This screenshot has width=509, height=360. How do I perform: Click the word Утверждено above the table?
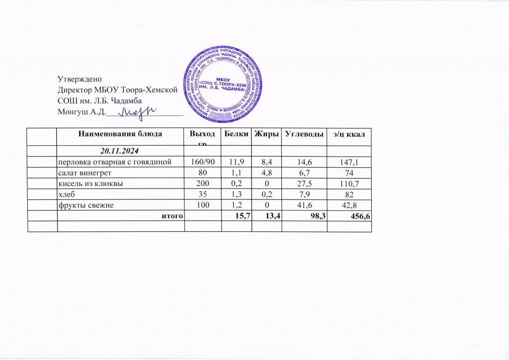pos(80,79)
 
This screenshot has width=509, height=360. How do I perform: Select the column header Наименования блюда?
pos(120,134)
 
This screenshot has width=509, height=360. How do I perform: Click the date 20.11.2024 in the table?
pos(120,150)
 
